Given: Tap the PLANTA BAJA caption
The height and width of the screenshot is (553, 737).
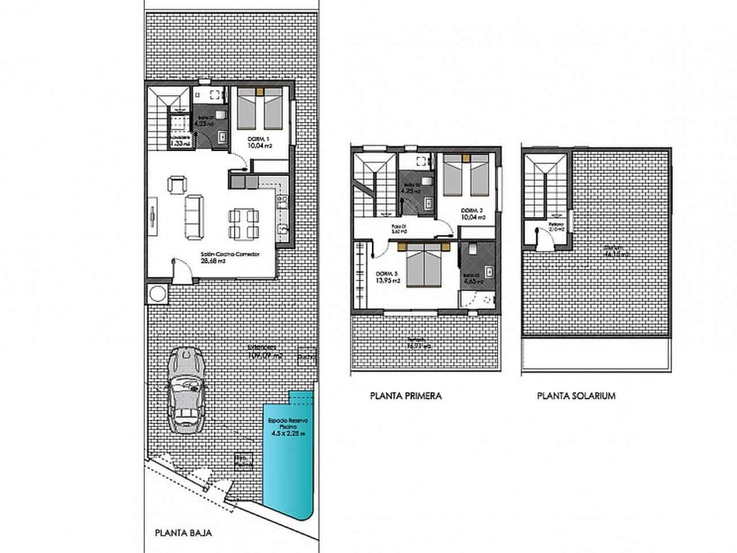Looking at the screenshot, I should (x=183, y=533).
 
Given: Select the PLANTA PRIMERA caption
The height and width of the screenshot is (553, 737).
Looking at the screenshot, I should (x=405, y=396).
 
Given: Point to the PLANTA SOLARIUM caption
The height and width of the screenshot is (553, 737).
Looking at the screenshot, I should (x=576, y=396).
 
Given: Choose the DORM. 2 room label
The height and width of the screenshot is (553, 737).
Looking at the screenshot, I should (x=473, y=210).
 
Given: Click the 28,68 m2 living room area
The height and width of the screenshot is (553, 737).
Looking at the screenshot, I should (x=212, y=260).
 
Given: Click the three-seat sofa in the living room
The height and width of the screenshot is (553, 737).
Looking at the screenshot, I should (x=193, y=217).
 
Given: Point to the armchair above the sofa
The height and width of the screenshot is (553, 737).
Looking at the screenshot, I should (x=176, y=185).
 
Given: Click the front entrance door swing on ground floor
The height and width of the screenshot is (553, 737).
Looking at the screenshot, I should (x=180, y=269).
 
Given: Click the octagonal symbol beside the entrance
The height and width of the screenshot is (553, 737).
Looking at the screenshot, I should (x=157, y=294).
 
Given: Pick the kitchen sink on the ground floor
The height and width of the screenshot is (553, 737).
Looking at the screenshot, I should (x=282, y=230).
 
